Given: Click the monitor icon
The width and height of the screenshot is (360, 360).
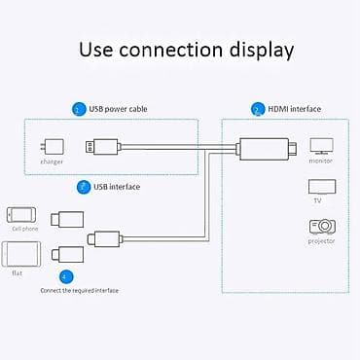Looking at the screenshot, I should (x=321, y=146).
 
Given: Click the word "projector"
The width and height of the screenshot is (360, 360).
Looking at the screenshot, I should (x=321, y=240).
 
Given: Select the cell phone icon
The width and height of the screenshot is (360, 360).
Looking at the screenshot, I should (x=22, y=214).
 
